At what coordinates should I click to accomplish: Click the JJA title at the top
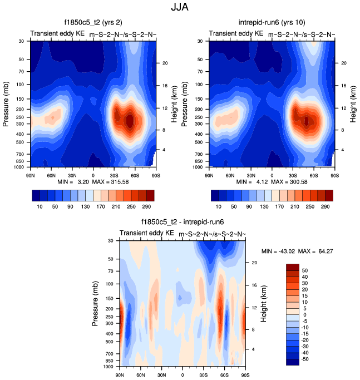click(x=179, y=8)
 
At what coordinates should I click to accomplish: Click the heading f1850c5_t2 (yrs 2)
click(x=93, y=23)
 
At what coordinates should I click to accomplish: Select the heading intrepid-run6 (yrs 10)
click(x=272, y=23)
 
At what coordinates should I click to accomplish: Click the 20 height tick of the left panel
click(x=165, y=63)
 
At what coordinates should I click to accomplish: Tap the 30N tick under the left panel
click(x=72, y=175)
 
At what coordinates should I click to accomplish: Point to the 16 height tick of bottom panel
click(x=254, y=285)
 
